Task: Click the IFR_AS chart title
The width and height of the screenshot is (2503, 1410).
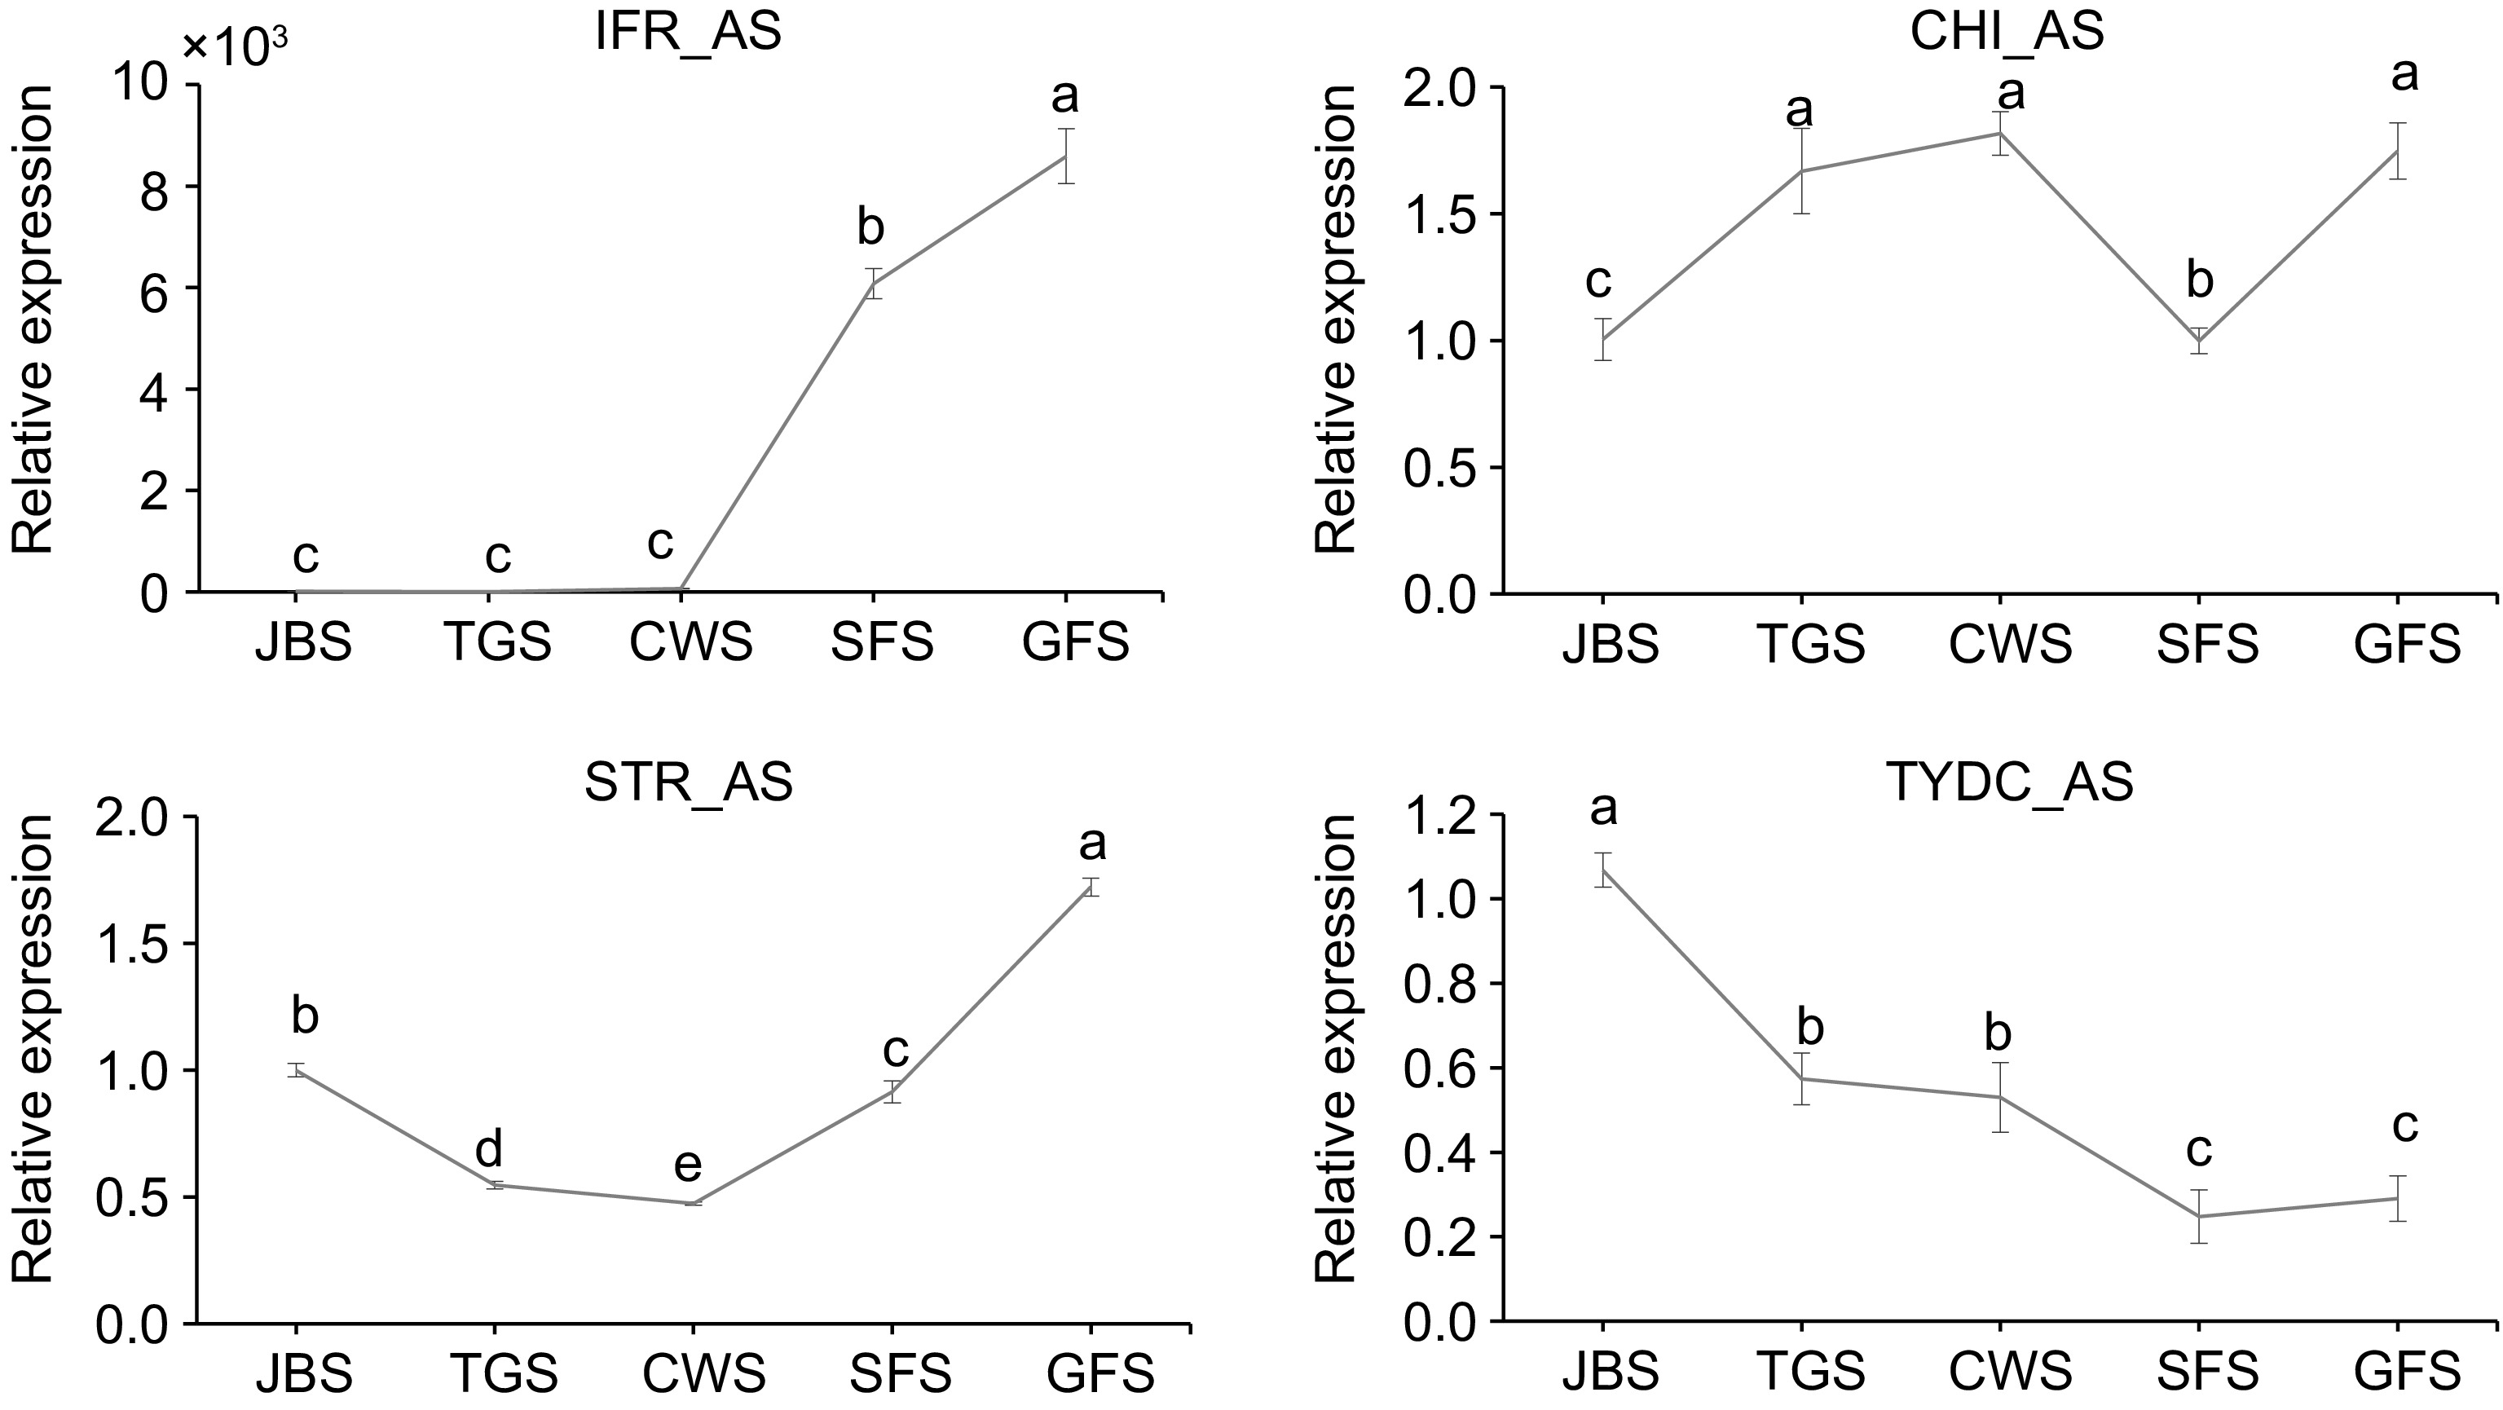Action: pyautogui.click(x=688, y=32)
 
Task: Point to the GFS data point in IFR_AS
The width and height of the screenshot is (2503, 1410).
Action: pyautogui.click(x=1066, y=156)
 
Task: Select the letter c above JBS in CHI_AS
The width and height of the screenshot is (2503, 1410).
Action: pyautogui.click(x=1598, y=282)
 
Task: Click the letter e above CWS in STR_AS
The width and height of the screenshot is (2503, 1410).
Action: pyautogui.click(x=688, y=1164)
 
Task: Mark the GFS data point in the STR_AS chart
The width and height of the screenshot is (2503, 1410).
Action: pyautogui.click(x=1091, y=888)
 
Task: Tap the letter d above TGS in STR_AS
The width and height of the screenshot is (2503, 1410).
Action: pyautogui.click(x=489, y=1151)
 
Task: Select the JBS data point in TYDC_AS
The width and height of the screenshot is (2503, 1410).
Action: pyautogui.click(x=1603, y=870)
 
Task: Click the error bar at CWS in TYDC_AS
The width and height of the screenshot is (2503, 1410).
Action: pyautogui.click(x=1999, y=1097)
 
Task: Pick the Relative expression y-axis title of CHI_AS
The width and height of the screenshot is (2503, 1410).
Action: pyautogui.click(x=1336, y=320)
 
